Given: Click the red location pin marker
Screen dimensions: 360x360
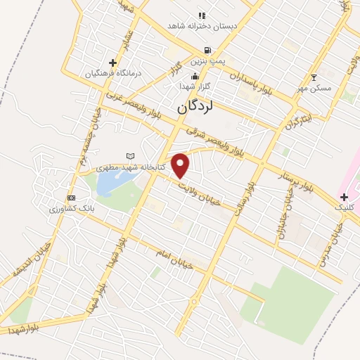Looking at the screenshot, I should (x=181, y=166).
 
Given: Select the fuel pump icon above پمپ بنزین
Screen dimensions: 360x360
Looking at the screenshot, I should (x=207, y=51).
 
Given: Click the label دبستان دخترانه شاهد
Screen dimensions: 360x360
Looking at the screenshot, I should (x=202, y=26).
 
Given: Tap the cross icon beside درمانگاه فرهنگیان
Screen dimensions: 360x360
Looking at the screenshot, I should (x=112, y=63).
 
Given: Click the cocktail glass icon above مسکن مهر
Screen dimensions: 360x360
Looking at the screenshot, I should (x=314, y=77).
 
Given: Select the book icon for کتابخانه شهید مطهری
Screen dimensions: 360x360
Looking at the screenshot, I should (x=129, y=155).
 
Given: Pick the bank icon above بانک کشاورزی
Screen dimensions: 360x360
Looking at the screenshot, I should (x=70, y=198).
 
